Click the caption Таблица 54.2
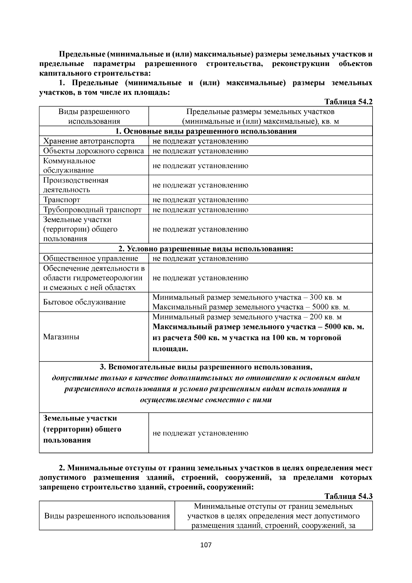point(348,102)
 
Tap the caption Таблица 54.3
point(348,496)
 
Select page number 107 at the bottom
point(206,545)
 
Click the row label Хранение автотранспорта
point(89,141)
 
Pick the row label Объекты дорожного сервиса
point(93,151)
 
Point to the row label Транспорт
point(62,200)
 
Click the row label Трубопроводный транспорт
point(92,210)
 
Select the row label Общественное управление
point(91,259)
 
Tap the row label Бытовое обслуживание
point(84,302)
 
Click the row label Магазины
point(61,337)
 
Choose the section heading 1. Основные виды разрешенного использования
point(206,131)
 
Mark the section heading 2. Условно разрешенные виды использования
point(206,249)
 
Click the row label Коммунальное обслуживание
point(69,166)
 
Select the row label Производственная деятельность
point(76,185)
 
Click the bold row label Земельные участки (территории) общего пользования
point(82,429)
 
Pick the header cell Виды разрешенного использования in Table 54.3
point(107,516)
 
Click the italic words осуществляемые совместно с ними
point(206,400)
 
